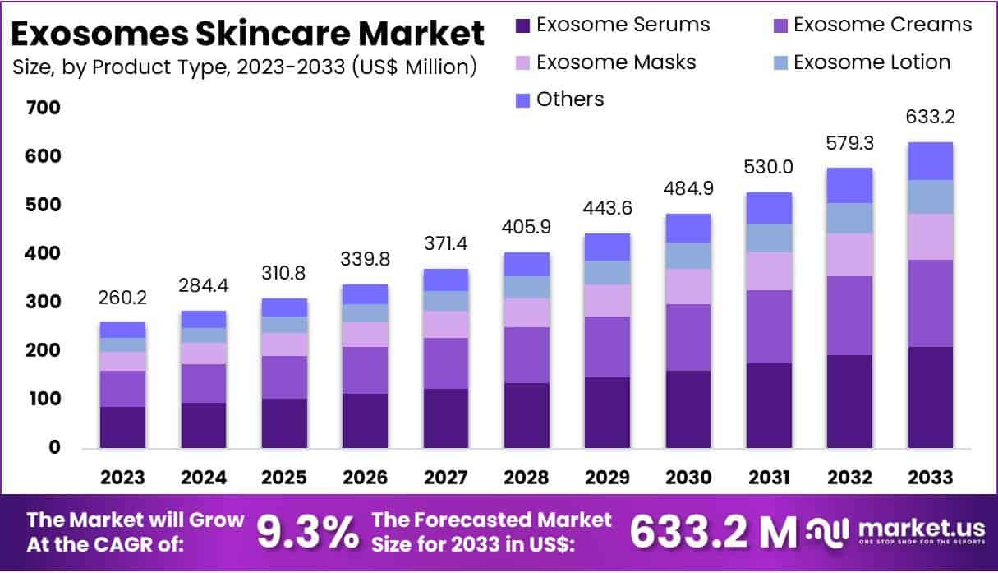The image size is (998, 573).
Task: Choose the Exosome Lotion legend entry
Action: click(872, 62)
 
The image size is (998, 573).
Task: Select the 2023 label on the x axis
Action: click(122, 478)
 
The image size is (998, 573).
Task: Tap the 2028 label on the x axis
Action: click(527, 478)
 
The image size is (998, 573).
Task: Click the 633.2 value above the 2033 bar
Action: click(931, 118)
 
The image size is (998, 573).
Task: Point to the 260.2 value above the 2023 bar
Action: click(122, 297)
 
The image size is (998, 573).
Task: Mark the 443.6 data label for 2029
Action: click(607, 209)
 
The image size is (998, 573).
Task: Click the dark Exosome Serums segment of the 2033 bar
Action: click(930, 397)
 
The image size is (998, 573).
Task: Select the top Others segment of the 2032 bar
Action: click(849, 185)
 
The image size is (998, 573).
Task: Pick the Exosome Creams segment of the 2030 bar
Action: click(688, 337)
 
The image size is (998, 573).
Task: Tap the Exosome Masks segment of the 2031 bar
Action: click(769, 270)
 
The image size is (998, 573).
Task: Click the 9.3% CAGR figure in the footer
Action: click(308, 533)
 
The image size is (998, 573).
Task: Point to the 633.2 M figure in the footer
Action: click(711, 533)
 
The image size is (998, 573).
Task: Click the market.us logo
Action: click(895, 533)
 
